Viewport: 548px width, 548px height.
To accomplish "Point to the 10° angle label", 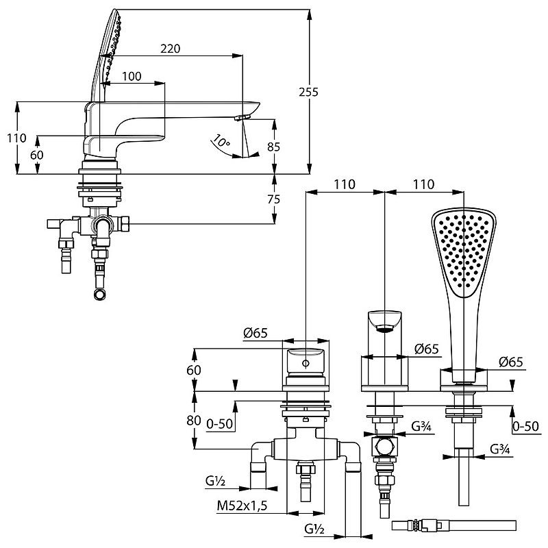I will [x=221, y=142].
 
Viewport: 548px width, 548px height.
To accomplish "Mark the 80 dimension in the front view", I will [x=193, y=420].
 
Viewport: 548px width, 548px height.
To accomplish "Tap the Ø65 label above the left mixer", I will [x=255, y=334].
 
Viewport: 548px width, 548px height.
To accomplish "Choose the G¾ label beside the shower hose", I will [x=499, y=450].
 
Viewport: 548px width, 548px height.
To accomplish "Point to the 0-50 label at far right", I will [x=525, y=425].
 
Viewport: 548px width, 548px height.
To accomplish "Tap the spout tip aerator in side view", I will [x=240, y=119].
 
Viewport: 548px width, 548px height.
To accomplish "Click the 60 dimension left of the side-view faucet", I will [x=37, y=155].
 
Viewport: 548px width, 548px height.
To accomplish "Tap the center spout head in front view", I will [x=385, y=321].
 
